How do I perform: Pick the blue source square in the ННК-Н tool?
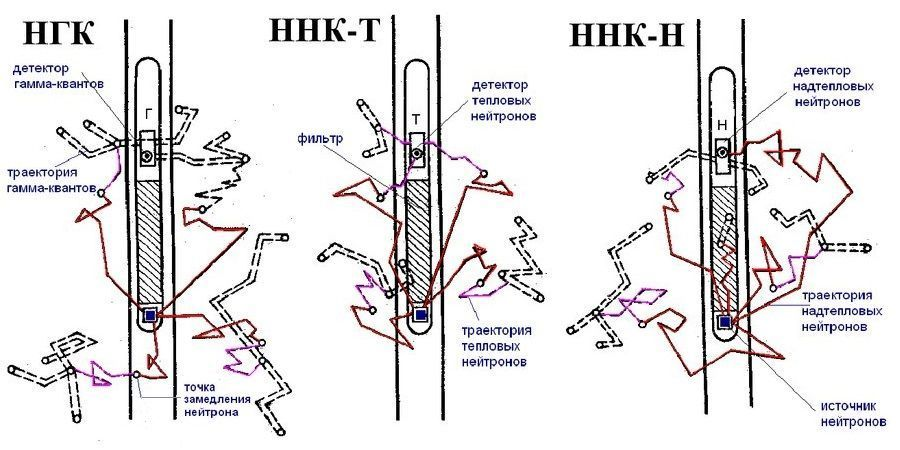tap(723, 321)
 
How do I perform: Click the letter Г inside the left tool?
tap(149, 114)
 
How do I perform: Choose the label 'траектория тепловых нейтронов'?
tap(495, 345)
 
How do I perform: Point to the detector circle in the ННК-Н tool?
tap(722, 152)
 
